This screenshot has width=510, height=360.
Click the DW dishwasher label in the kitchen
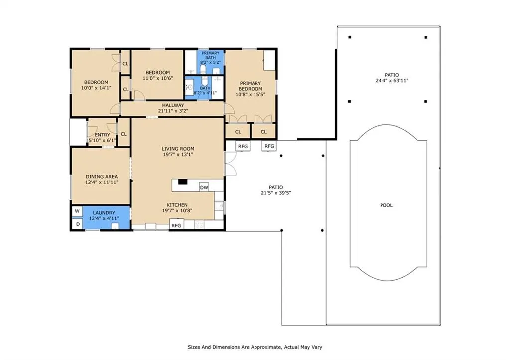coord(204,188)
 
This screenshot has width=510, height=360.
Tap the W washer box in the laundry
coord(77,211)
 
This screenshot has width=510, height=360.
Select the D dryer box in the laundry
coord(77,224)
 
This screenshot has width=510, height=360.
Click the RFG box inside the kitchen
coord(176,225)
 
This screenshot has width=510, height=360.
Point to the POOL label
coord(386,205)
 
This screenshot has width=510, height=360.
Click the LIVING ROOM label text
coord(178,149)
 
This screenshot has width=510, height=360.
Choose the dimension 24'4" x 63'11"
coord(391,81)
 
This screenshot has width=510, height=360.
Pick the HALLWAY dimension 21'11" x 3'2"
coord(173,111)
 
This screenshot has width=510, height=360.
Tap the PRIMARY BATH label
coord(211,55)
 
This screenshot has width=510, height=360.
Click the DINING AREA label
coord(102,177)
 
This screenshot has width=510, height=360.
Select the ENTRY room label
coord(103,135)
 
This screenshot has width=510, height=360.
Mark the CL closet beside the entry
coord(124,134)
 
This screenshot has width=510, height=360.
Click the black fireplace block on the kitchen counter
coord(183,182)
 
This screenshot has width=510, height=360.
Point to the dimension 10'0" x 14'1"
coord(96,88)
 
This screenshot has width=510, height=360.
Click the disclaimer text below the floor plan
coord(255,347)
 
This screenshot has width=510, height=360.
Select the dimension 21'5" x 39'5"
coord(276,193)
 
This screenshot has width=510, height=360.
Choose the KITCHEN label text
coord(177,205)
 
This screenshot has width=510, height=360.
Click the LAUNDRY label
coord(104,213)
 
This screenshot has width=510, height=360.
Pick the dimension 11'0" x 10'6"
coord(158,78)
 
